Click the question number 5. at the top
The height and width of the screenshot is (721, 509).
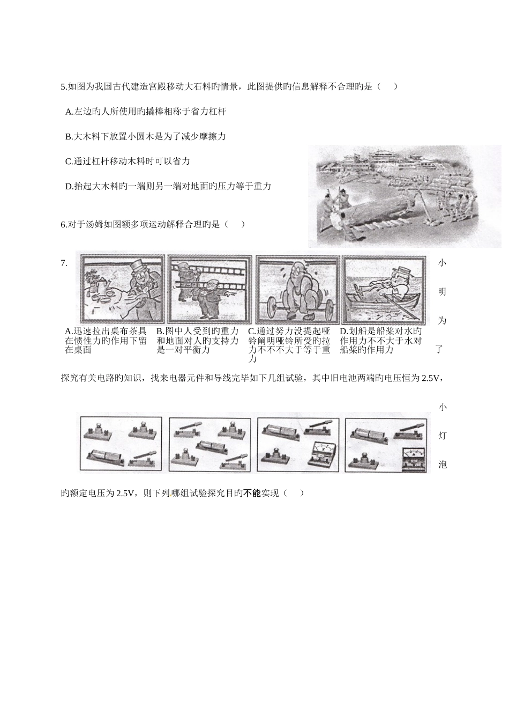64,86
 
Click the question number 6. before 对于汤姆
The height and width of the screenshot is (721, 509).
64,224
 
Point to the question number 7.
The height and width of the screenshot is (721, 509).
64,263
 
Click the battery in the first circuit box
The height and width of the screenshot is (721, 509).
104,457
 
